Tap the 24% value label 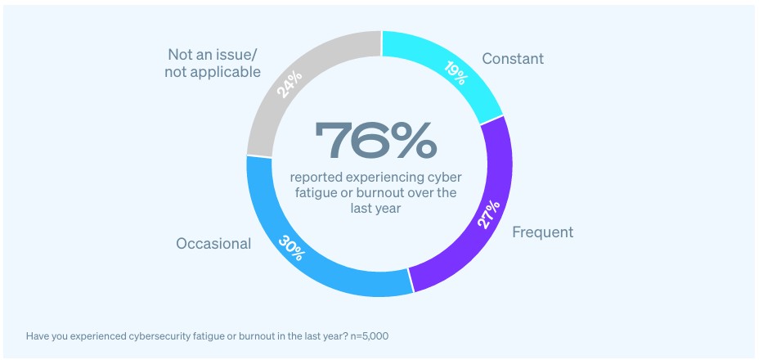[x=289, y=82]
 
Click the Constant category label [x=513, y=59]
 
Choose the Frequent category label [x=542, y=232]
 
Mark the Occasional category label [x=213, y=244]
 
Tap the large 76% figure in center [x=377, y=142]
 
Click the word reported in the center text [x=315, y=178]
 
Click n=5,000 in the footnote [x=379, y=335]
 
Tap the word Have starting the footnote [x=38, y=335]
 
